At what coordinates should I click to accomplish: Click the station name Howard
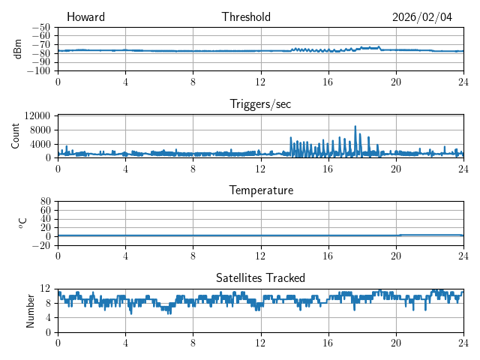point(85,17)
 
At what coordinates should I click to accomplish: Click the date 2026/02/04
point(422,17)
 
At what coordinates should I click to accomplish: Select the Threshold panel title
point(246,17)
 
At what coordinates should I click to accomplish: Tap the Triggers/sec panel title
point(260,104)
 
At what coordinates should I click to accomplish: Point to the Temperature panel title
point(260,190)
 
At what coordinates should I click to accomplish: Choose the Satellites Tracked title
point(260,277)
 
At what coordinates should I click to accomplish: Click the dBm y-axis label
point(17,49)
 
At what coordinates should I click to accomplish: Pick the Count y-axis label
point(15,136)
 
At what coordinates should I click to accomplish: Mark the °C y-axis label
point(22,223)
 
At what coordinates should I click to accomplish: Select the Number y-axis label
point(31,310)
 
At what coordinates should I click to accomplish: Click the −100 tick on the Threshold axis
point(41,70)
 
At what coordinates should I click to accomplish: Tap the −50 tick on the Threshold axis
point(43,27)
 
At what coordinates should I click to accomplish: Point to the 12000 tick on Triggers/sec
point(37,115)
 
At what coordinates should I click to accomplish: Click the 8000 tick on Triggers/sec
point(39,130)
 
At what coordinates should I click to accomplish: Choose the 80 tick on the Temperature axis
point(45,202)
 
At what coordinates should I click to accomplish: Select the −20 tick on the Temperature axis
point(42,245)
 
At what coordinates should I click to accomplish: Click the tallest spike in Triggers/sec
point(355,127)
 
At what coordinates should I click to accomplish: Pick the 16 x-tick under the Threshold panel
point(328,82)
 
